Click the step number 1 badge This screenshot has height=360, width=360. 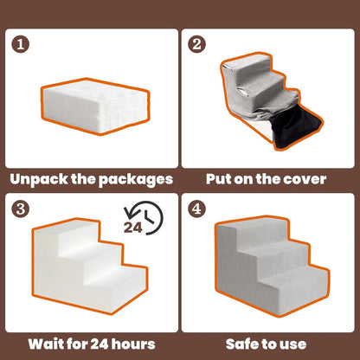21,42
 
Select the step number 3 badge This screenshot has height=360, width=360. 21,208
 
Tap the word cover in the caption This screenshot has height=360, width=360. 303,179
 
